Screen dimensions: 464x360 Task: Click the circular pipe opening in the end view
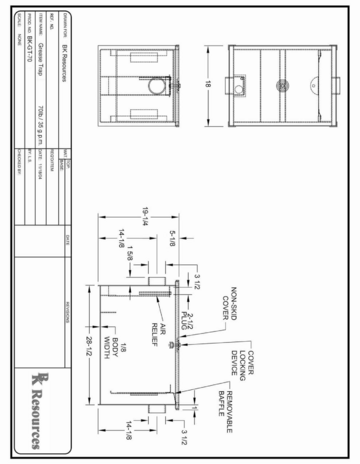pos(154,86)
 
